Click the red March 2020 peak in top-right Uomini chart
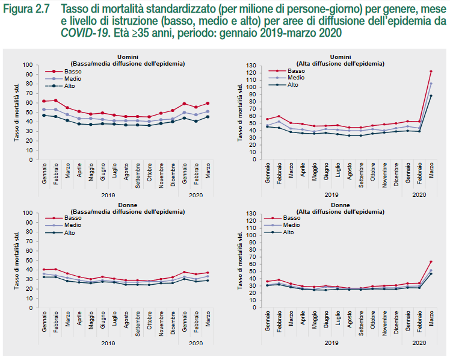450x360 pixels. coord(430,72)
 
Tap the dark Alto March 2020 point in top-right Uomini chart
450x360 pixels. coord(430,96)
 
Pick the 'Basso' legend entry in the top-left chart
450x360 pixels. coord(73,71)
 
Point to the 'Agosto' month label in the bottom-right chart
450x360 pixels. coord(350,327)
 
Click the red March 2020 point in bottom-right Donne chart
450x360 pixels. coord(430,262)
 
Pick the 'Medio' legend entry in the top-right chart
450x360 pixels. coord(296,78)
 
